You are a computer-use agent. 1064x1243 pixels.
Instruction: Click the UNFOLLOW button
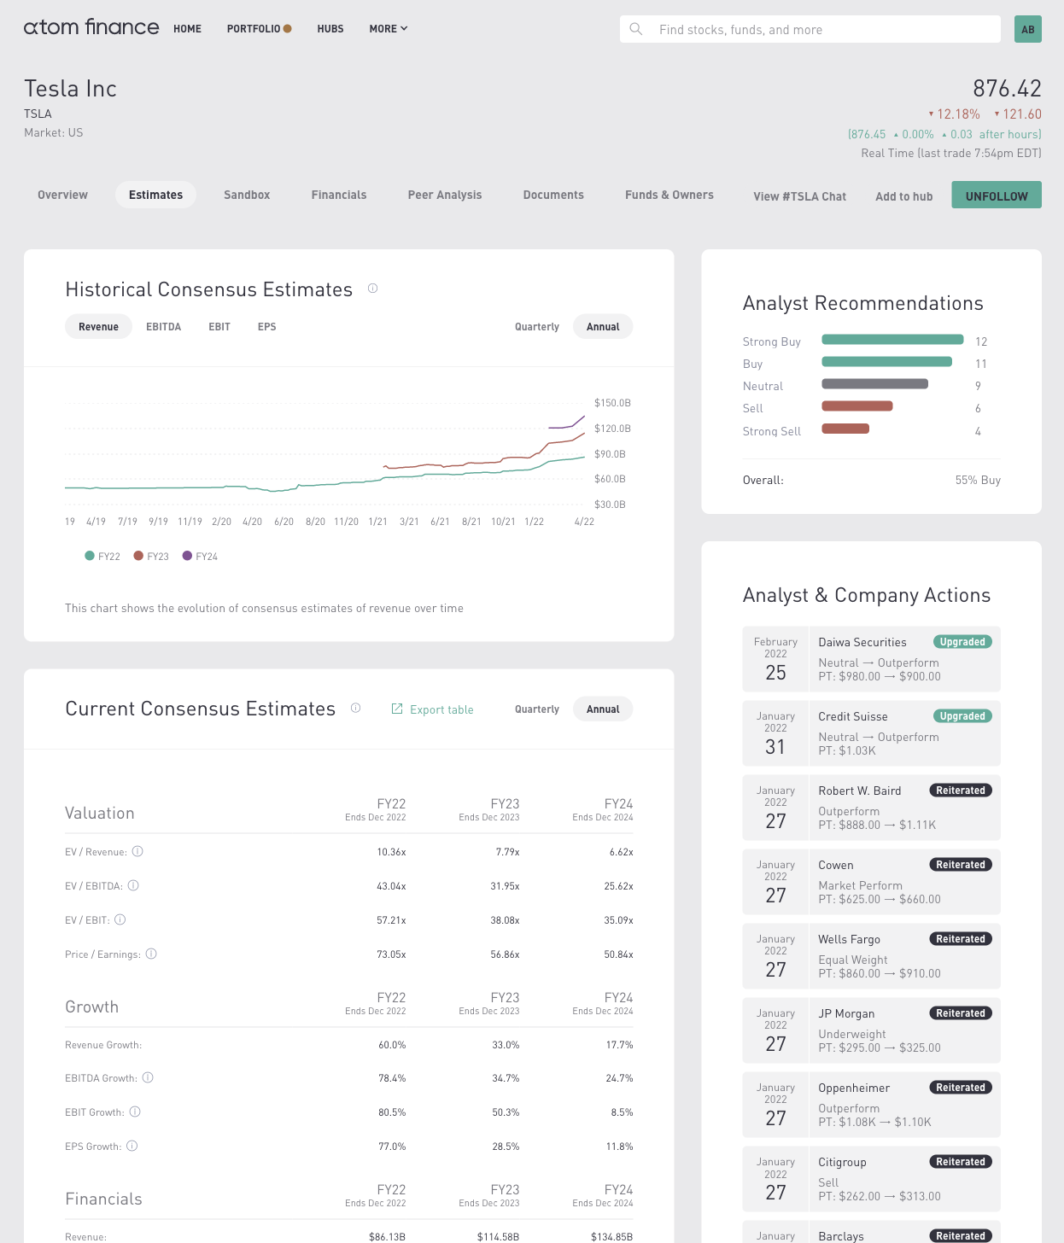pos(997,195)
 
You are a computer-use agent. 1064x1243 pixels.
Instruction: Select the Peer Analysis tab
pos(445,195)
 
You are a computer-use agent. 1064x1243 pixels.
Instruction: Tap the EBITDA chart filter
pos(163,327)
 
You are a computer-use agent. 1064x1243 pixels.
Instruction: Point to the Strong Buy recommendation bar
pos(892,340)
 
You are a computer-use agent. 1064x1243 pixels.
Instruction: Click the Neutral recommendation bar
pos(874,384)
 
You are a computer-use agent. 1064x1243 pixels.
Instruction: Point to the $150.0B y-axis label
pos(612,403)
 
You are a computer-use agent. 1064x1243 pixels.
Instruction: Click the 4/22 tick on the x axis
pos(584,522)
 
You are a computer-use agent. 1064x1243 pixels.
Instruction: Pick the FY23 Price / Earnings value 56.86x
pos(505,954)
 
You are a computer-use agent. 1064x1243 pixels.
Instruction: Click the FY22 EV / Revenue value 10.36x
pos(391,852)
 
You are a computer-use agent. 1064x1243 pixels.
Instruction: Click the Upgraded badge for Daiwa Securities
pos(962,642)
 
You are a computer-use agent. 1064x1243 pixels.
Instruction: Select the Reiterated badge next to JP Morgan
pos(961,1013)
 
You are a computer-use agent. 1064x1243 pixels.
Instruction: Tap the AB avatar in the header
pos(1027,30)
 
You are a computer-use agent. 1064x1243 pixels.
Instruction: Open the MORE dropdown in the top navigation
pos(389,29)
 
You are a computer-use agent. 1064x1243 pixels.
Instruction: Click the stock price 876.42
pos(1007,89)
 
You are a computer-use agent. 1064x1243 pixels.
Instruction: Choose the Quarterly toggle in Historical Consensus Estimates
pos(536,327)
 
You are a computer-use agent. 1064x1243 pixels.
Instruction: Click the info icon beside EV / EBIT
pos(120,919)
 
